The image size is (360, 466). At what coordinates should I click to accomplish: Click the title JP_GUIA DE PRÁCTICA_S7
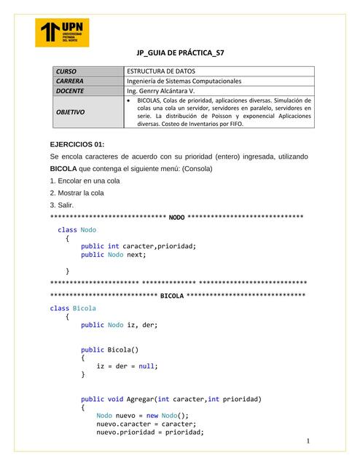(180, 54)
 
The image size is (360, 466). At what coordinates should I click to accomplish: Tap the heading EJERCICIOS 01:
(77, 145)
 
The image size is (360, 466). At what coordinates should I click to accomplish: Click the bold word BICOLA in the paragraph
(63, 169)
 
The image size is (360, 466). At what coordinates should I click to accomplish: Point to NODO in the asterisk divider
(176, 217)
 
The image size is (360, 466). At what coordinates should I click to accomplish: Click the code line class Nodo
(77, 229)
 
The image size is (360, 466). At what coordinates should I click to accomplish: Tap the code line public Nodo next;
(114, 255)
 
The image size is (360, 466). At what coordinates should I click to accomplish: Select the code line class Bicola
(73, 308)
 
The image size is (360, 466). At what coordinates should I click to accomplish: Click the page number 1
(308, 442)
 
